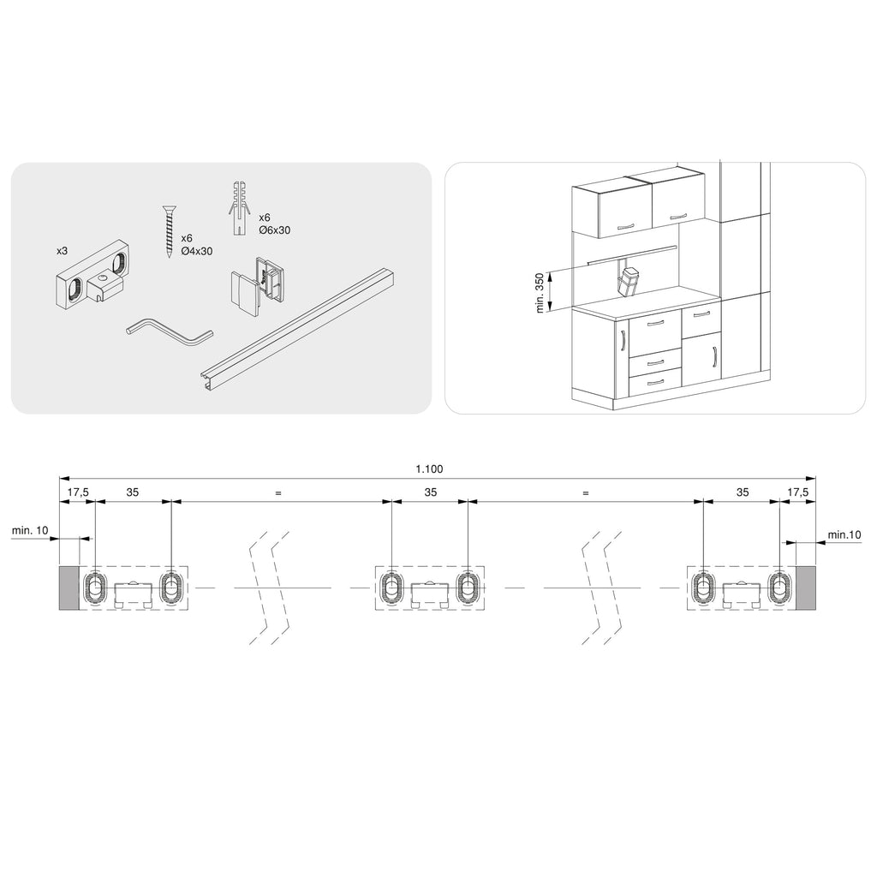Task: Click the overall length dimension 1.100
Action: click(429, 468)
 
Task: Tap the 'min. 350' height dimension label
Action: click(540, 293)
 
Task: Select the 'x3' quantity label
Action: click(62, 251)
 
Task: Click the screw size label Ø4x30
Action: click(197, 251)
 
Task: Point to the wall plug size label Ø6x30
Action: click(275, 230)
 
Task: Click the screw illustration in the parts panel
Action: click(169, 231)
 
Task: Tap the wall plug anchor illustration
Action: click(239, 207)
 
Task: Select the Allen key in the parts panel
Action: click(170, 332)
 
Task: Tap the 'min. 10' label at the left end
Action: click(30, 530)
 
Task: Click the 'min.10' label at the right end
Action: click(844, 534)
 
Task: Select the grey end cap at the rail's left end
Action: click(69, 588)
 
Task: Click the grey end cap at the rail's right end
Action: click(805, 588)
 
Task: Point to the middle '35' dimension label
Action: click(430, 492)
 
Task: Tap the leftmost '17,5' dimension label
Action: click(78, 492)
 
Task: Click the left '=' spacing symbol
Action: click(278, 493)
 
